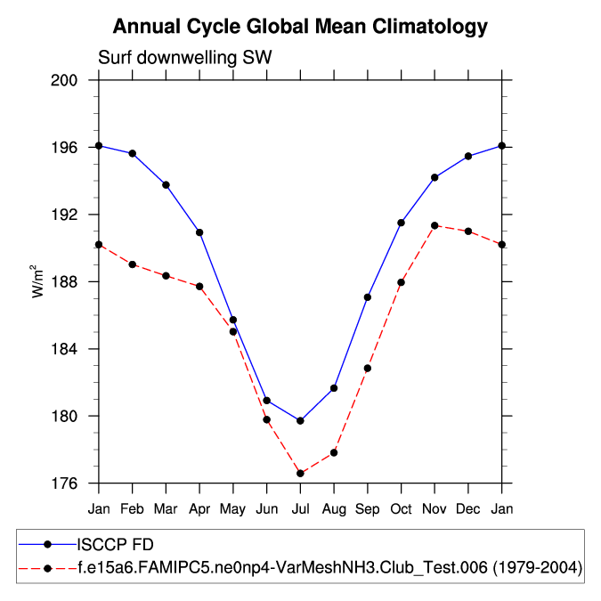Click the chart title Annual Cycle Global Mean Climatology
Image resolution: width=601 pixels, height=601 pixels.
click(x=300, y=27)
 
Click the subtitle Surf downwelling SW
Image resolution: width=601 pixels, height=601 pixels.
click(x=184, y=58)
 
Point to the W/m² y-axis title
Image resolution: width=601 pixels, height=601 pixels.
click(x=38, y=280)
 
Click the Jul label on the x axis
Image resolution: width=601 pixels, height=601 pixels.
click(x=300, y=508)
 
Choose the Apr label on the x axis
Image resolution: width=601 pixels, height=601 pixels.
click(x=199, y=508)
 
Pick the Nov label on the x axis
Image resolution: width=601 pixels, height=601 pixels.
click(x=435, y=508)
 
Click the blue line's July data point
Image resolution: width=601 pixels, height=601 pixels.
click(x=300, y=420)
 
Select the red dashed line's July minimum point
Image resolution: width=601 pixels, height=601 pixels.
click(x=300, y=473)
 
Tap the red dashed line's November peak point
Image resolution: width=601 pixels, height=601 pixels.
click(x=435, y=225)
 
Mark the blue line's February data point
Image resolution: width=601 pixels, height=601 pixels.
click(x=133, y=153)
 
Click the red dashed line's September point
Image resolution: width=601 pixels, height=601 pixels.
click(x=368, y=368)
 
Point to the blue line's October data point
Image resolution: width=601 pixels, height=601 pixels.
click(x=402, y=223)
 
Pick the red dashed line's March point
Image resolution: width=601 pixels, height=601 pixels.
click(x=166, y=276)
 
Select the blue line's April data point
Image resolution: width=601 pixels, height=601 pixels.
click(x=199, y=232)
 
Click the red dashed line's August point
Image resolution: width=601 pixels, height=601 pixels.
click(x=334, y=452)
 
